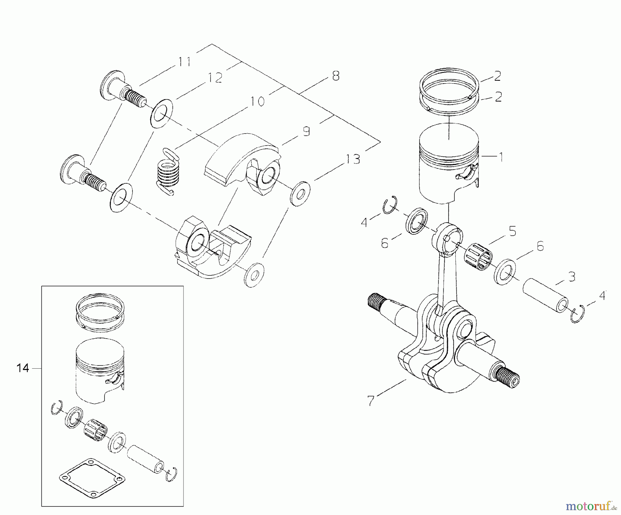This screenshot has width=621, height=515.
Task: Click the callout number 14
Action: pos(23,368)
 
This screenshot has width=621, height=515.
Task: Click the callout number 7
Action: pos(371,401)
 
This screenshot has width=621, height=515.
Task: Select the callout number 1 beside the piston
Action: pos(500,157)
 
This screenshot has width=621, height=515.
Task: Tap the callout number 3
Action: pos(572,276)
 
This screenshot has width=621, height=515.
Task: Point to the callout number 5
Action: pos(513,231)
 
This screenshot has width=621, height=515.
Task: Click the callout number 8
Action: pos(335,76)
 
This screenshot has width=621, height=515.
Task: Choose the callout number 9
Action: pos(306,132)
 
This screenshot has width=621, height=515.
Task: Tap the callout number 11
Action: pos(185,62)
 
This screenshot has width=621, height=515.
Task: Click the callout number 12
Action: pos(215,78)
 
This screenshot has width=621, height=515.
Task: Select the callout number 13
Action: pos(353,159)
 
